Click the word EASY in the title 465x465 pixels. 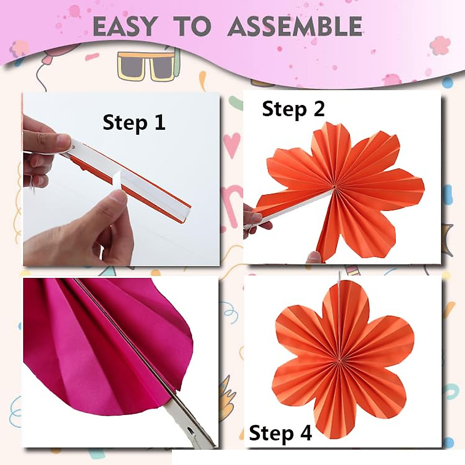124,27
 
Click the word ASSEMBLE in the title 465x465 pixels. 295,27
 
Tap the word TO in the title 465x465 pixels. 194,27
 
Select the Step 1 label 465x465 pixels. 134,122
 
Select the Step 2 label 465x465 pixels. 293,109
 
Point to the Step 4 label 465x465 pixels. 280,433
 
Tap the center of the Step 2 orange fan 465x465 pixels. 334,187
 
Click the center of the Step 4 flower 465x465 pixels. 340,361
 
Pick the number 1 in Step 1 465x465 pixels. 159,122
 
